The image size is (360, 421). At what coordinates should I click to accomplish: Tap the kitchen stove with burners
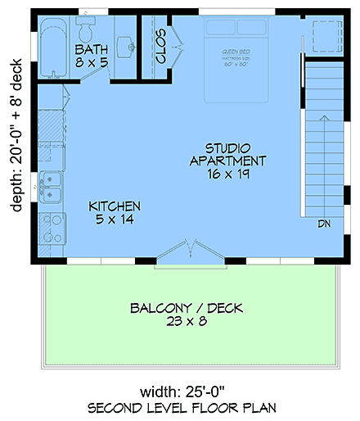coord(52,228)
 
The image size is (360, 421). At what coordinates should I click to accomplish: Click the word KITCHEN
coord(114,206)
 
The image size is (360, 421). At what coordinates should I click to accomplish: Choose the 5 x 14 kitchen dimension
coord(114,220)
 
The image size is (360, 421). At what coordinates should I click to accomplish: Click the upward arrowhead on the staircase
coord(323,120)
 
